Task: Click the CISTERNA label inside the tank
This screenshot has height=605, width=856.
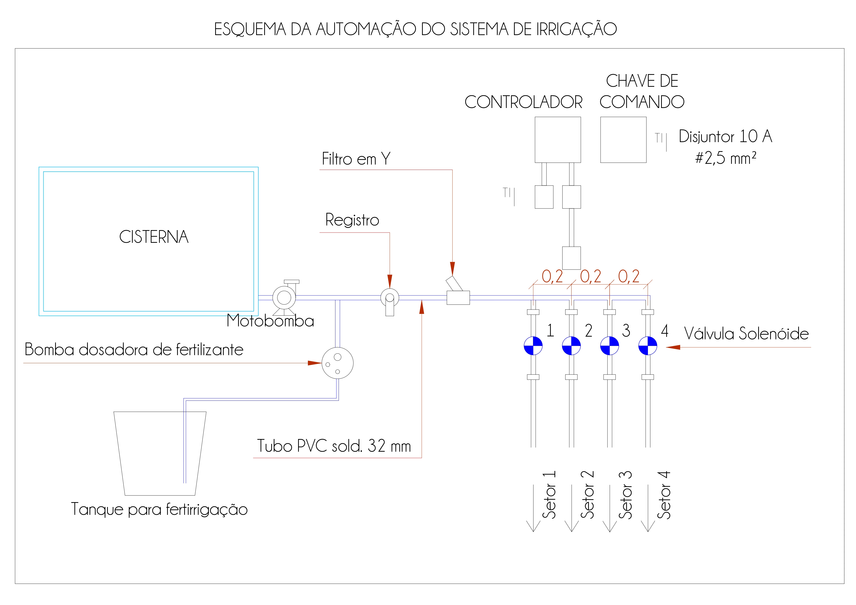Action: [x=154, y=237]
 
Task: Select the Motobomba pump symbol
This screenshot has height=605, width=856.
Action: [x=284, y=297]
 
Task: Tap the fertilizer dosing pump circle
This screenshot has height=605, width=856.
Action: [x=337, y=363]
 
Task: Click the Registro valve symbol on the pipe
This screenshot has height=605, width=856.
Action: [x=390, y=298]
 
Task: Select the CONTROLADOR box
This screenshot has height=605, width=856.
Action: [x=558, y=140]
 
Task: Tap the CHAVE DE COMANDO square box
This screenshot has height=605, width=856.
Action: [x=623, y=140]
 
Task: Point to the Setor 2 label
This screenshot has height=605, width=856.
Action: [x=587, y=495]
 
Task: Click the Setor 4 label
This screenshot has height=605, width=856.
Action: [x=664, y=495]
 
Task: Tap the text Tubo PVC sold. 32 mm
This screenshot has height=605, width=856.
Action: [x=334, y=446]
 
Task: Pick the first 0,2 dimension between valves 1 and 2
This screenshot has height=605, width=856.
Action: [x=552, y=276]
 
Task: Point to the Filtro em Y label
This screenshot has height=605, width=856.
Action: [x=356, y=159]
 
